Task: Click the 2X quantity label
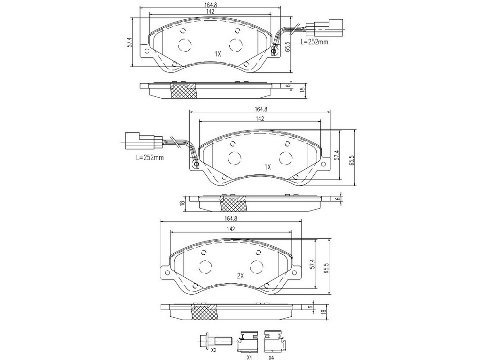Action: tap(240, 276)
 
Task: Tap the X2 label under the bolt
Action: tap(214, 350)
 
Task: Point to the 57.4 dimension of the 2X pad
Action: tap(312, 264)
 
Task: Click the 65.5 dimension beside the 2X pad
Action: tap(326, 267)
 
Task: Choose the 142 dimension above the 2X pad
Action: tap(231, 229)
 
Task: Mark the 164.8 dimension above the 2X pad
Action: tap(232, 219)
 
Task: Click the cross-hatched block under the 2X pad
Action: tap(204, 313)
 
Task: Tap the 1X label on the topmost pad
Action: tap(218, 54)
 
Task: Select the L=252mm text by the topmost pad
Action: tap(314, 42)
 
